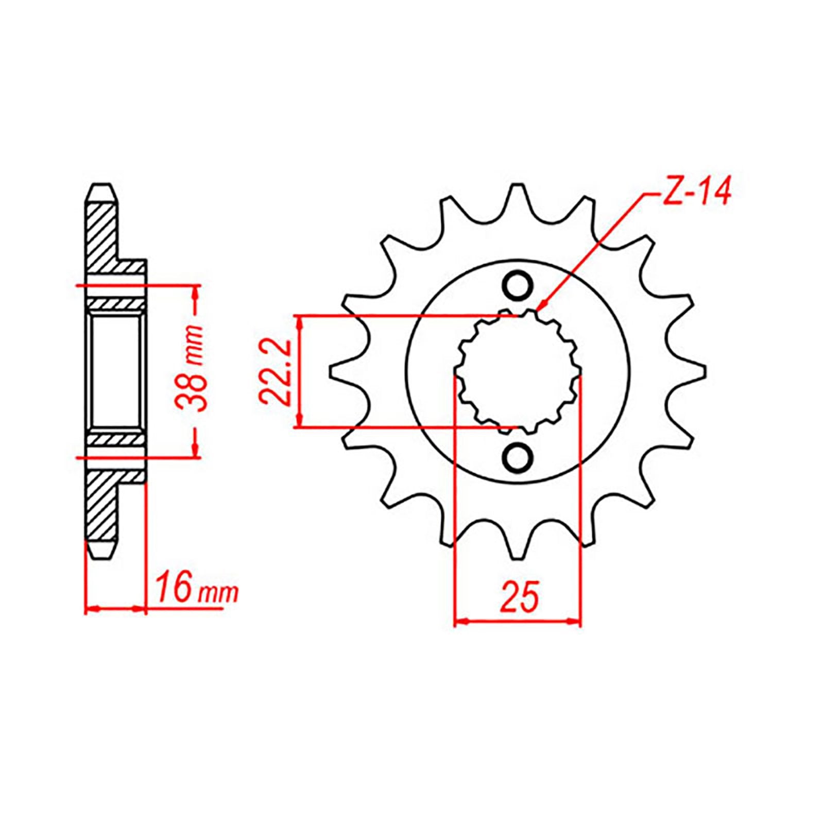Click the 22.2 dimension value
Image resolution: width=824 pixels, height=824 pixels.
pyautogui.click(x=276, y=371)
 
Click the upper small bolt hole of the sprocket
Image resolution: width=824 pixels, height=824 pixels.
pyautogui.click(x=518, y=286)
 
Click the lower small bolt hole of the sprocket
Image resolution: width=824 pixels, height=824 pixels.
pyautogui.click(x=518, y=457)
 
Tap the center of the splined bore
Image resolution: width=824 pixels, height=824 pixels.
pyautogui.click(x=518, y=372)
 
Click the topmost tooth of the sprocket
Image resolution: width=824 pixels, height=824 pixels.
pyautogui.click(x=517, y=198)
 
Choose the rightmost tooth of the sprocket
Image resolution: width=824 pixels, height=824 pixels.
pyautogui.click(x=690, y=372)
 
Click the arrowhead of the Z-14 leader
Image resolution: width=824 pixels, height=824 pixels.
pyautogui.click(x=540, y=307)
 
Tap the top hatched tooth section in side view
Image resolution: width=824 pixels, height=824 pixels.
pyautogui.click(x=101, y=232)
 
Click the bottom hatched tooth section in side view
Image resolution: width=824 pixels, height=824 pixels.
pyautogui.click(x=101, y=507)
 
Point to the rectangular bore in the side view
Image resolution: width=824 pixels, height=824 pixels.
pyautogui.click(x=116, y=371)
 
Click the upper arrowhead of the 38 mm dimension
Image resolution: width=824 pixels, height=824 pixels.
pyautogui.click(x=195, y=292)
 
